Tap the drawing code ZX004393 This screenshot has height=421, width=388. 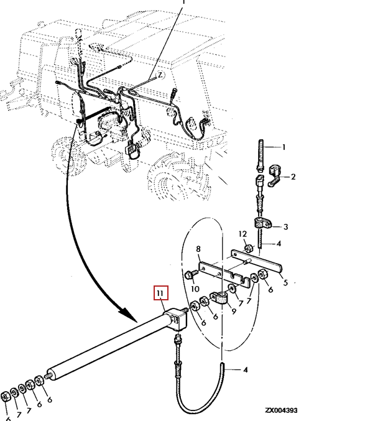[280, 411]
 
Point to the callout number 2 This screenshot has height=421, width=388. [293, 177]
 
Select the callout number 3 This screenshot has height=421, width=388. [285, 227]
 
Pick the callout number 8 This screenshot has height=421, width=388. [198, 250]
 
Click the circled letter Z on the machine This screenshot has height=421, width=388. [159, 75]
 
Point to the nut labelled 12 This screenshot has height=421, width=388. [247, 249]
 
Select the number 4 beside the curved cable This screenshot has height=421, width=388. [245, 370]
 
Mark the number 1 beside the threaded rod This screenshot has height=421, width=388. [284, 147]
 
